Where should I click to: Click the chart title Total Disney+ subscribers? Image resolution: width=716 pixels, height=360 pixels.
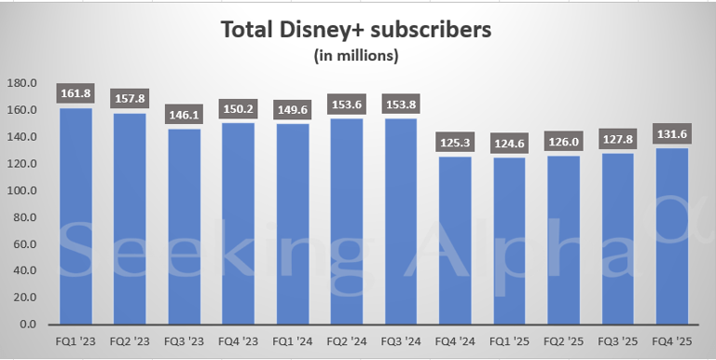tap(355, 30)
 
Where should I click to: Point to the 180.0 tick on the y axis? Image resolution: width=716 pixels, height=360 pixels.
tap(22, 83)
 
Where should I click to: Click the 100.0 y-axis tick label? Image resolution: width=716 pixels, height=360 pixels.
tap(22, 190)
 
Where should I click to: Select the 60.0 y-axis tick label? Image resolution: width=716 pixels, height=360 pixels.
tap(24, 244)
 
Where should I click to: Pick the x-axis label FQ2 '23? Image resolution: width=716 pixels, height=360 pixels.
tap(129, 341)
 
